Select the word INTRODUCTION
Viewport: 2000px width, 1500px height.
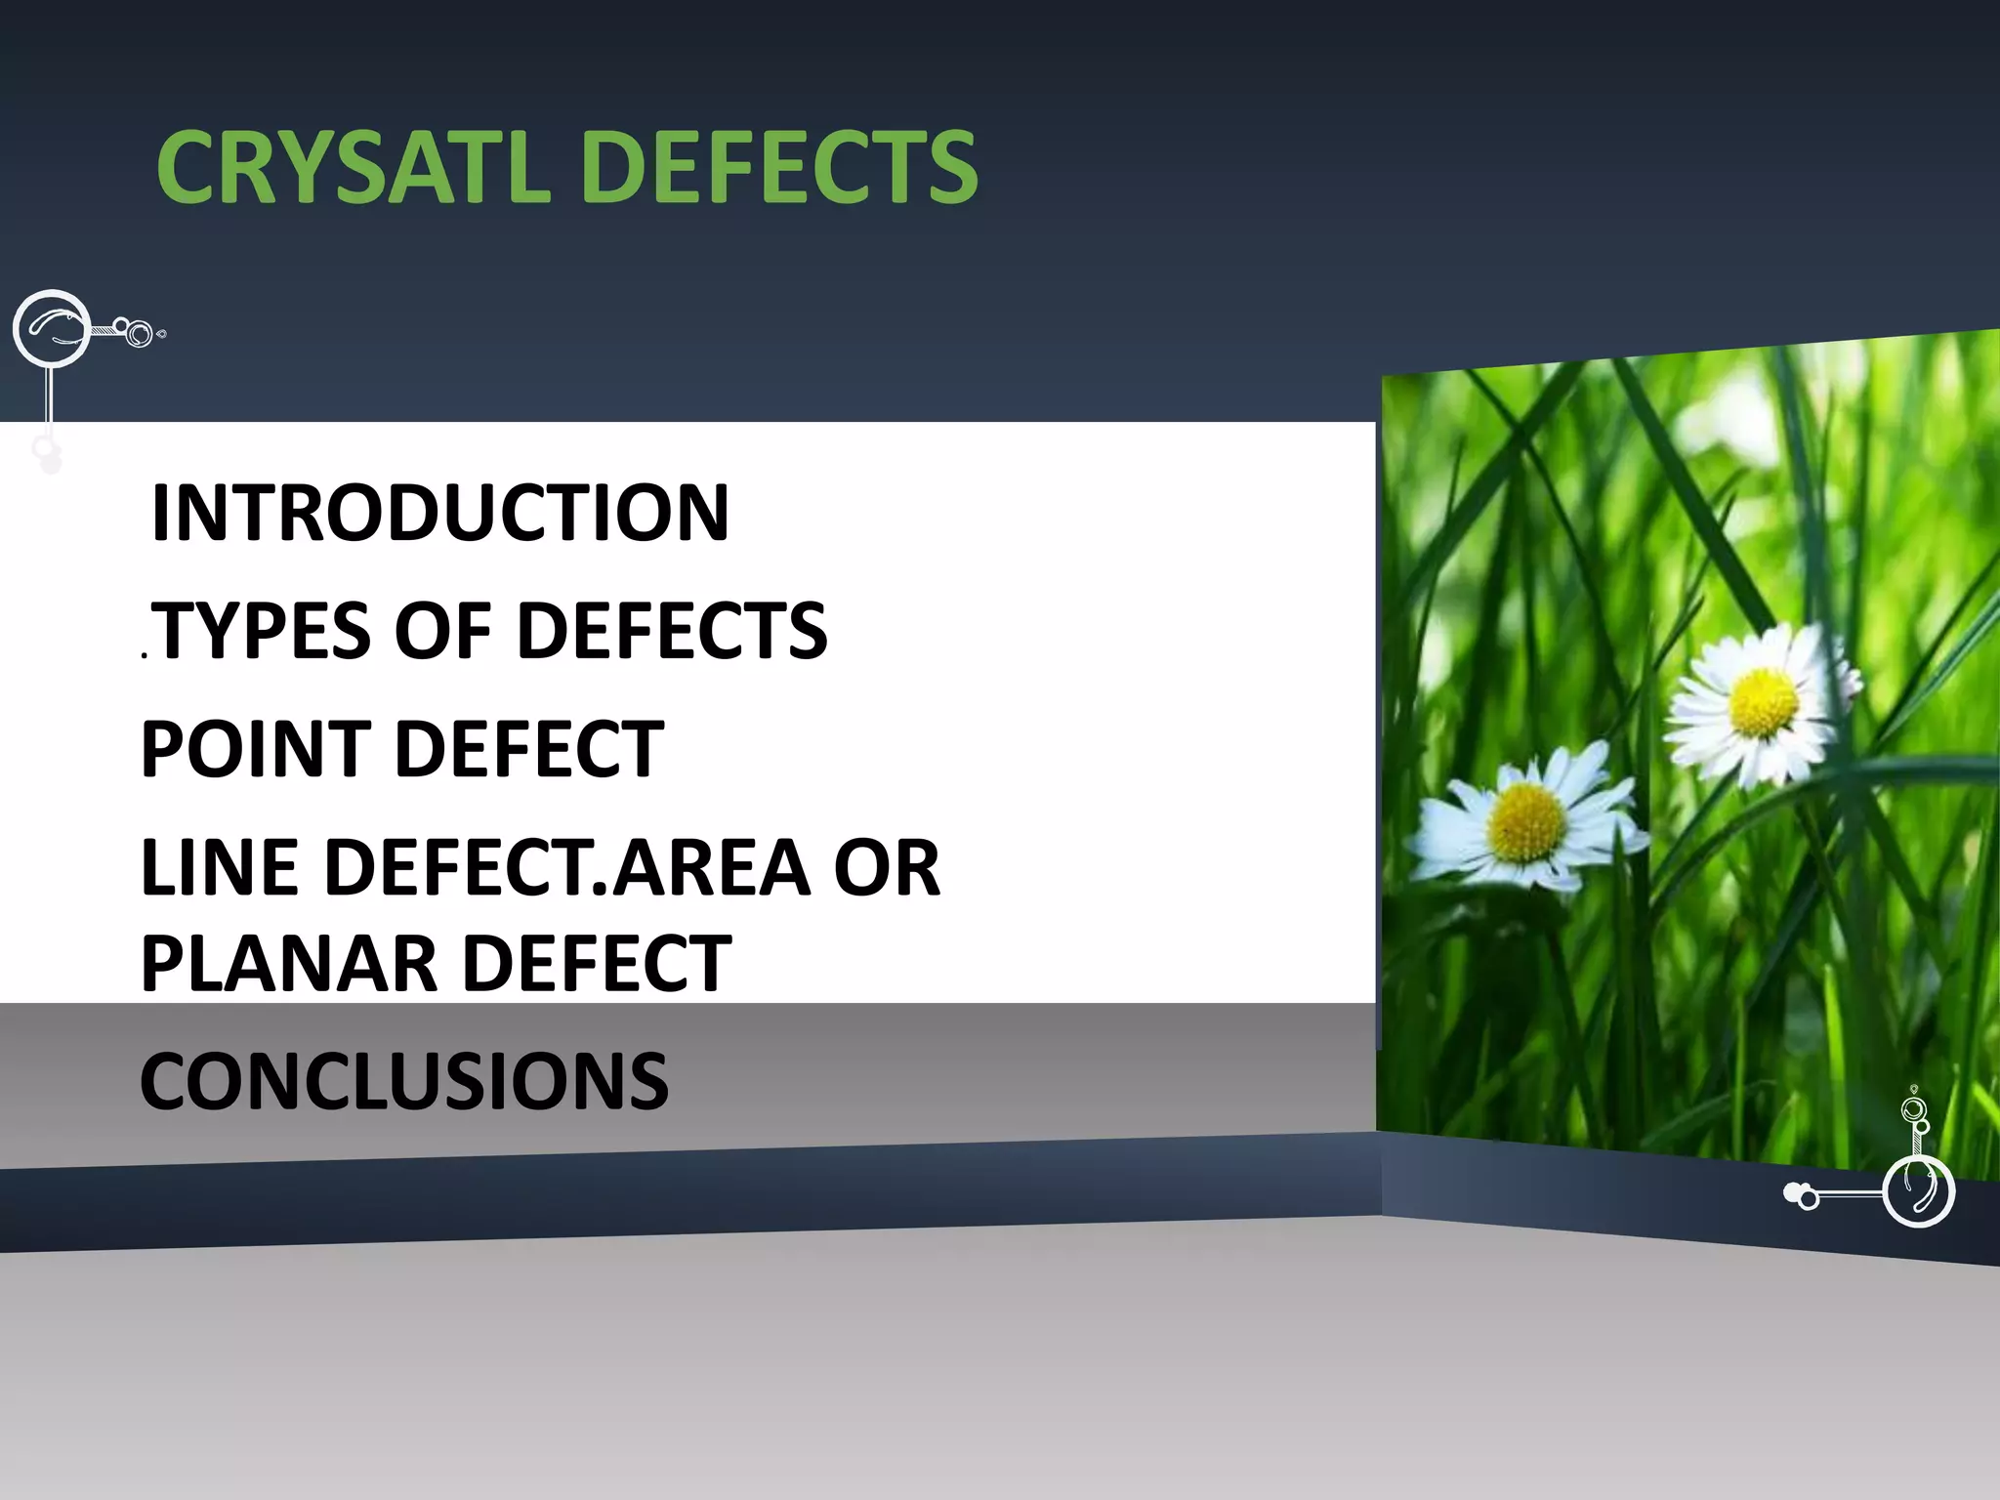coord(439,513)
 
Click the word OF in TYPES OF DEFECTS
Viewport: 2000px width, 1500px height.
coord(442,631)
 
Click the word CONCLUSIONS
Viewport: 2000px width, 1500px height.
coord(404,1081)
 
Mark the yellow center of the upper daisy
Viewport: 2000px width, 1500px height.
coord(1763,703)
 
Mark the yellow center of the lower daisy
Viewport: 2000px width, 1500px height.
coord(1527,821)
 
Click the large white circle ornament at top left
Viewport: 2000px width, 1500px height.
coord(51,329)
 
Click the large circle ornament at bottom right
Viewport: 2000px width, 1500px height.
coord(1918,1191)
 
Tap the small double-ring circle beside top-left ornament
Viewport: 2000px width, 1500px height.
coord(139,334)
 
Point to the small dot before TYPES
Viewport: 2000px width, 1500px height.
coord(145,656)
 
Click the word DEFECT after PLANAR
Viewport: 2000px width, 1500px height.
coord(596,963)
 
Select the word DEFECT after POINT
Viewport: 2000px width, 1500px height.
coord(528,749)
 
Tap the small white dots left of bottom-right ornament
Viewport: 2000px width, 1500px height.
coord(1800,1193)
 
